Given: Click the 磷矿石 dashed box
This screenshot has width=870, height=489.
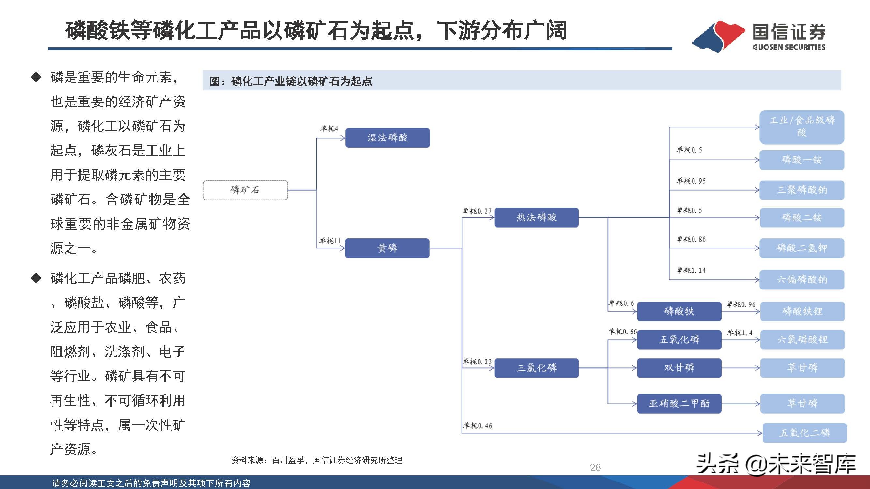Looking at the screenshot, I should pyautogui.click(x=245, y=190).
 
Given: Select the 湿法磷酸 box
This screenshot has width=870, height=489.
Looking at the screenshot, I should pyautogui.click(x=388, y=138).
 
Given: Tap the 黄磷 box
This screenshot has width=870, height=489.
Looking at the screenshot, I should pyautogui.click(x=387, y=248).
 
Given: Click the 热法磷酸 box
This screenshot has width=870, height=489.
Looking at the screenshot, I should pyautogui.click(x=536, y=217).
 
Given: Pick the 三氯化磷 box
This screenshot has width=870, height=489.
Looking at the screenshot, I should pyautogui.click(x=536, y=368).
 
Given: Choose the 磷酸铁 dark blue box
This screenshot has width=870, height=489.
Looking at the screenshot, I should pyautogui.click(x=679, y=311).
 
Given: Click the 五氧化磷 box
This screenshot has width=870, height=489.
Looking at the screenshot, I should pyautogui.click(x=679, y=339).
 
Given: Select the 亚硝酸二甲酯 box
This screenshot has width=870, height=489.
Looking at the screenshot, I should pyautogui.click(x=679, y=403).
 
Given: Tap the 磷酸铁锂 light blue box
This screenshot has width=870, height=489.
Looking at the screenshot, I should pyautogui.click(x=802, y=311).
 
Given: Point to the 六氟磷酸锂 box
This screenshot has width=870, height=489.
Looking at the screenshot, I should pyautogui.click(x=802, y=339).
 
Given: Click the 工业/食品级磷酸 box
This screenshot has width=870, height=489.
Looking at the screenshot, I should pyautogui.click(x=802, y=127).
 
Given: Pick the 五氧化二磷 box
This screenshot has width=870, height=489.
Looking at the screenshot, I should pyautogui.click(x=804, y=433).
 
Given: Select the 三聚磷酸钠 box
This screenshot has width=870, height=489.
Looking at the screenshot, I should pyautogui.click(x=802, y=190).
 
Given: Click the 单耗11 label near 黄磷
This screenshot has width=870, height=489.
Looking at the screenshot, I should pyautogui.click(x=330, y=241).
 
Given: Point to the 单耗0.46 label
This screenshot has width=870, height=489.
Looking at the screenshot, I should pyautogui.click(x=477, y=426).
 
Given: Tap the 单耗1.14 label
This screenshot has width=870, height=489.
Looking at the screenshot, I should pyautogui.click(x=691, y=270).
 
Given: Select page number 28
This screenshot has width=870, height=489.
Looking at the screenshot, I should pyautogui.click(x=595, y=467).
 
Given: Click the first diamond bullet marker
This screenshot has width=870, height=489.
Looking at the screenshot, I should pyautogui.click(x=36, y=77).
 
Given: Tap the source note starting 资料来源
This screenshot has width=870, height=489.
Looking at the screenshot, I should pyautogui.click(x=316, y=460).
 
